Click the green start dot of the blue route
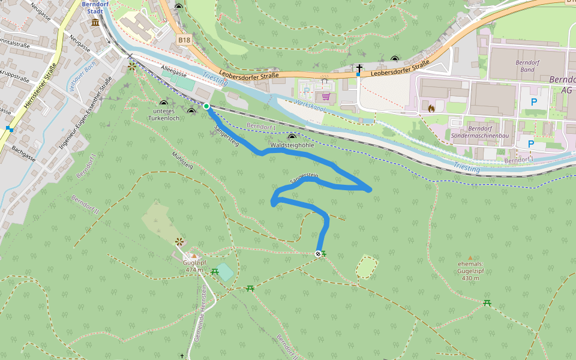coord(206,106)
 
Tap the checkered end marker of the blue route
coord(318,254)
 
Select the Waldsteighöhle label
coord(292,145)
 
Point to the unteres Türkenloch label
coord(163,115)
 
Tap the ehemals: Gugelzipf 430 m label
coord(470,271)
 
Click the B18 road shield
coord(184,40)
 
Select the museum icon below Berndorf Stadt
coord(95,23)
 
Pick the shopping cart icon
coord(326,96)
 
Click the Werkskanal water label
coord(309,107)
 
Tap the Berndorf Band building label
coord(527,66)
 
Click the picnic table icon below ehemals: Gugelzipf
coord(487,303)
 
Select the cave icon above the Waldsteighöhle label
coord(292,137)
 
